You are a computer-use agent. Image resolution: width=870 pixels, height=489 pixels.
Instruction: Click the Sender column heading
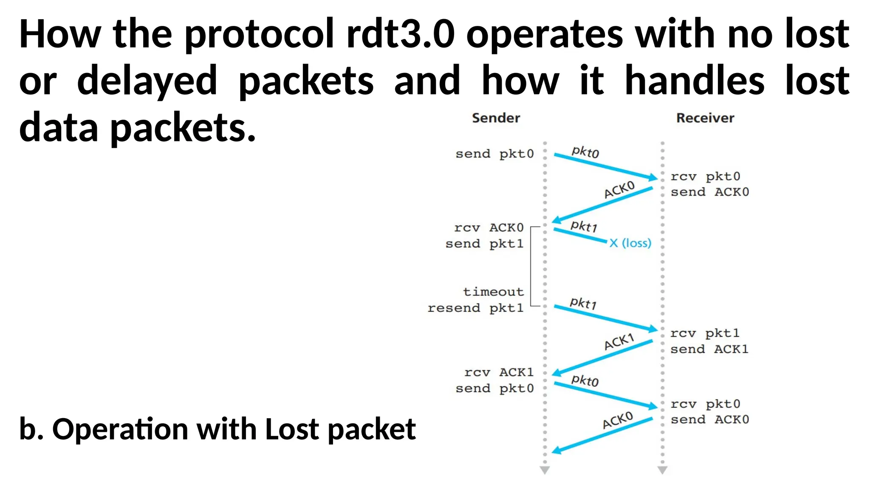point(496,118)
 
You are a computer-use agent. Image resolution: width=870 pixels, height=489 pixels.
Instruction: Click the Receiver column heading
point(705,118)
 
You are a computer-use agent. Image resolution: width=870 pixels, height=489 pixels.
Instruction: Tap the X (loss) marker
point(630,243)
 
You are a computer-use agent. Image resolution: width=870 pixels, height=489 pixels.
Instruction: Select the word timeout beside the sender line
point(493,292)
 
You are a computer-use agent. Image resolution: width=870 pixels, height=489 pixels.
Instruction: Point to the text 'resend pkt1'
point(475,308)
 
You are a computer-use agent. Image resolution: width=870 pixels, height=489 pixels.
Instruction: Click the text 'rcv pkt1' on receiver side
point(705,333)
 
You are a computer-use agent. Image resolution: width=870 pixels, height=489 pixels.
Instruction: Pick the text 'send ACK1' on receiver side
point(709,349)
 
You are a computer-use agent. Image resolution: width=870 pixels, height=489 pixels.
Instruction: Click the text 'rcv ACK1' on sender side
point(499,372)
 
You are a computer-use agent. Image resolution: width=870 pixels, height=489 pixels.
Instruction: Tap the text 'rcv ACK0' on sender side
point(489,228)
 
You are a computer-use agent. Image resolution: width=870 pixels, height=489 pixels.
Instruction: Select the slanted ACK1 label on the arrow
point(619,342)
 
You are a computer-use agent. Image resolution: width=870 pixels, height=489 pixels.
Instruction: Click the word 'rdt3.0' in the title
point(400,34)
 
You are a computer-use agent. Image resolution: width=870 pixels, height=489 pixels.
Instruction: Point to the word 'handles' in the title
point(695,81)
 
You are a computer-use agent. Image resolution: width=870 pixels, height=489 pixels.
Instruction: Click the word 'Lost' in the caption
point(291,429)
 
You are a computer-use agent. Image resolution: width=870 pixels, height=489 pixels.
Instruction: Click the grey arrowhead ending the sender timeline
point(545,470)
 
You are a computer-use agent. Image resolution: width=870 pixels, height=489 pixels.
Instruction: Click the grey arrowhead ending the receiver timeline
point(662,470)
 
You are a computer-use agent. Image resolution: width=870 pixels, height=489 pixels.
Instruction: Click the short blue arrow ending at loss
point(580,236)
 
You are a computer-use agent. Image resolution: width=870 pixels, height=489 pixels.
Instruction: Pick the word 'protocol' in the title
point(259,34)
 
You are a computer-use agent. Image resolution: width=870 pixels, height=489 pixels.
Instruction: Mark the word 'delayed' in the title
point(147,81)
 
